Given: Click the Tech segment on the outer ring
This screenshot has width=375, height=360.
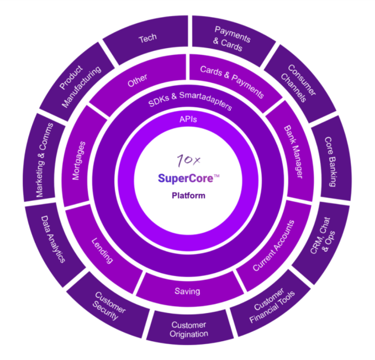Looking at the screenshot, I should tap(148, 39).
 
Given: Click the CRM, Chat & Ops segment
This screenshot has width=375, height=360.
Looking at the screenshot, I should tap(323, 237).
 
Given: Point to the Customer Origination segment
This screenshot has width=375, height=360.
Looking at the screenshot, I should tap(189, 329).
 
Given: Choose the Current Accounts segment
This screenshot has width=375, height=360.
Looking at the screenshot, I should tap(273, 246).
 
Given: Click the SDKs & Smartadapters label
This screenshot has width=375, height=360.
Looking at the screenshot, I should tap(188, 101).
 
